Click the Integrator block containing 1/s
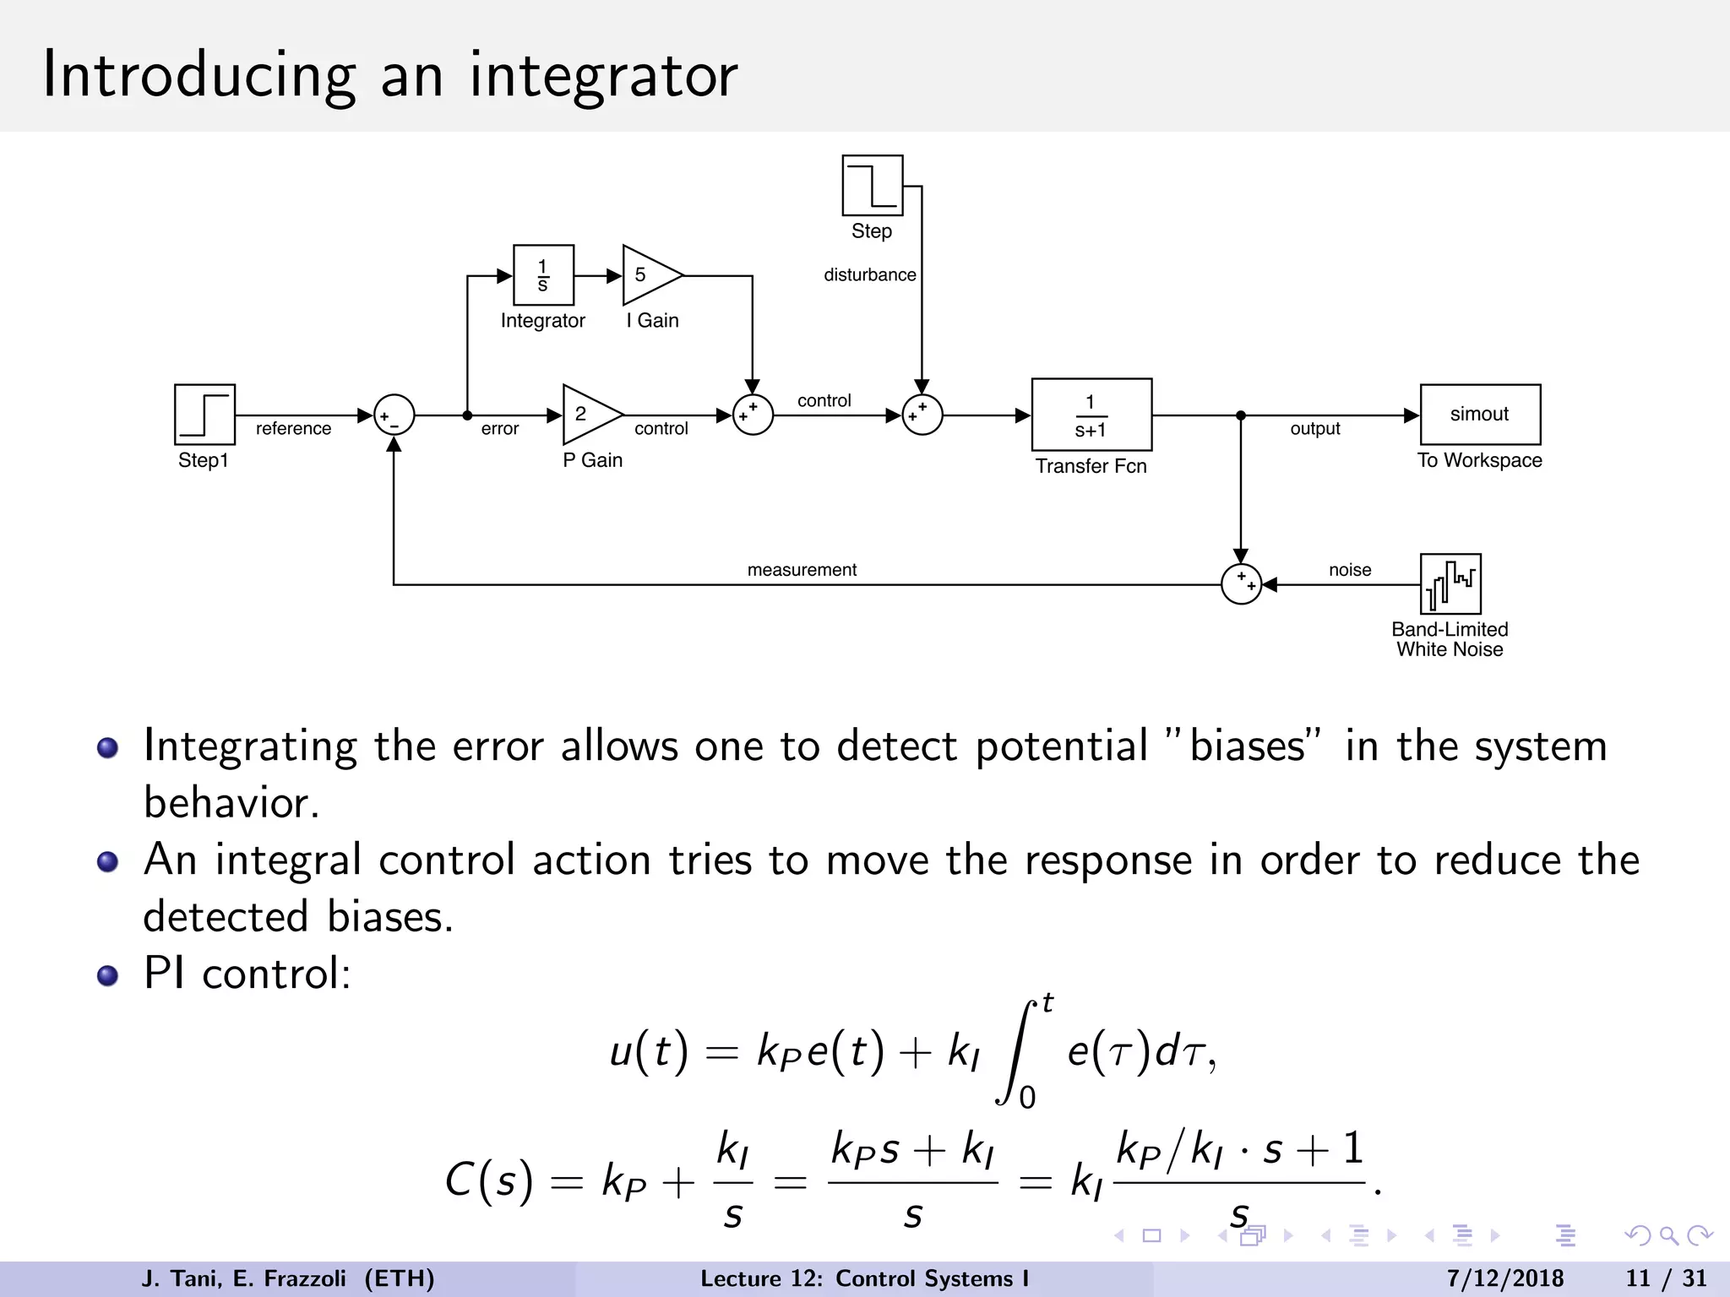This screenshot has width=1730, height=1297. (x=543, y=275)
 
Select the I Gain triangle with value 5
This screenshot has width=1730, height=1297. (x=648, y=275)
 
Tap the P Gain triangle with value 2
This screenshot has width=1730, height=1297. (x=588, y=415)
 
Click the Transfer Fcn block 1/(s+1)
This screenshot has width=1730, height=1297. (x=1091, y=415)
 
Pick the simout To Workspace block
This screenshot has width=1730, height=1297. (x=1480, y=415)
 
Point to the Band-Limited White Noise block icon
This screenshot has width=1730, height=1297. (x=1450, y=583)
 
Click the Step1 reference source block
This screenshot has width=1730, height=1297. (x=204, y=415)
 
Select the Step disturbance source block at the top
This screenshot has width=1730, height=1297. (x=873, y=186)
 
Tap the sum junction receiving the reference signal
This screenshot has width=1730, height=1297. (x=394, y=415)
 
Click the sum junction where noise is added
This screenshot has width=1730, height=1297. (x=1241, y=583)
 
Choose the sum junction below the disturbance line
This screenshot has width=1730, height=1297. (x=922, y=415)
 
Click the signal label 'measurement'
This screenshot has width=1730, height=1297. (x=802, y=570)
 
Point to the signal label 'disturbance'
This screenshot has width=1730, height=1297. (x=869, y=275)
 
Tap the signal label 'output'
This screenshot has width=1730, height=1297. (x=1315, y=429)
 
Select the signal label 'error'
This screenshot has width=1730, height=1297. (x=500, y=429)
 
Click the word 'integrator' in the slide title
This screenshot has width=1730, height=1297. (x=603, y=76)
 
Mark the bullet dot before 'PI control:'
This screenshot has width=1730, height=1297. (x=107, y=976)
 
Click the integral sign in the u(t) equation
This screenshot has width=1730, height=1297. (x=1017, y=1052)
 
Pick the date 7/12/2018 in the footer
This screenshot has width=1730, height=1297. (x=1505, y=1278)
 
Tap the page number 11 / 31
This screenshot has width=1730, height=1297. (x=1666, y=1278)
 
